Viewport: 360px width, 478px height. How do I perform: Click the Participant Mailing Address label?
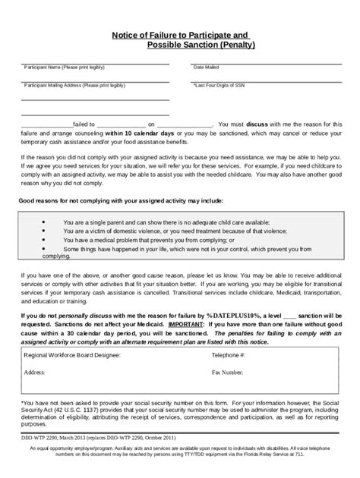(x=74, y=86)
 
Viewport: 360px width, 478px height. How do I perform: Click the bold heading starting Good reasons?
(x=121, y=201)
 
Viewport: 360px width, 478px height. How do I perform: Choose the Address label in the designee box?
(x=35, y=373)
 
